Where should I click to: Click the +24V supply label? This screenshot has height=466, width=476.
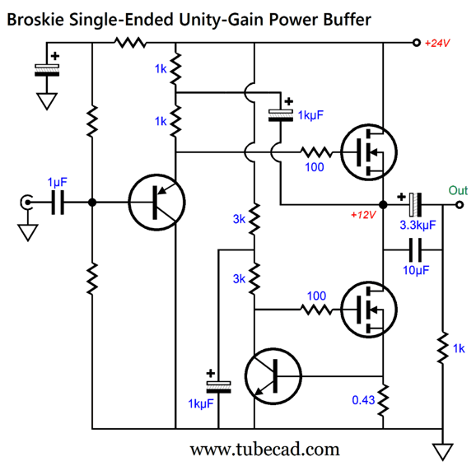point(437,43)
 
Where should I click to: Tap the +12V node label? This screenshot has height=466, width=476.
point(363,215)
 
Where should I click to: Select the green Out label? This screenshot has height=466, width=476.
point(458,191)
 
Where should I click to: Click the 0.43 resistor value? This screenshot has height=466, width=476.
point(363,400)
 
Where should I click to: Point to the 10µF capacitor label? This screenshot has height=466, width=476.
point(416,270)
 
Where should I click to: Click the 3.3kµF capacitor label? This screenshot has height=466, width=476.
point(418,225)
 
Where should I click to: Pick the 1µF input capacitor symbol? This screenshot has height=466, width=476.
point(58,203)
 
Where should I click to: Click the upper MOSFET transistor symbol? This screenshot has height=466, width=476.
point(369,152)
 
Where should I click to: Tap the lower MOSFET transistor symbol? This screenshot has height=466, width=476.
point(369,310)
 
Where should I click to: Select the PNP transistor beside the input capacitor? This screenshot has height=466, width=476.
point(156,203)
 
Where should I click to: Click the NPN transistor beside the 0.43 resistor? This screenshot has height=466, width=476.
point(273,376)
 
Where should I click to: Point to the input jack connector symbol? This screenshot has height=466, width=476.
point(26,203)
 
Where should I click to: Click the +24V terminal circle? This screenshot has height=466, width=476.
point(417,43)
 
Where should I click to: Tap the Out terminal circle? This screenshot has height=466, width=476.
point(460,205)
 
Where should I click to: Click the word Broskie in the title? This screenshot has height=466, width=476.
point(35,20)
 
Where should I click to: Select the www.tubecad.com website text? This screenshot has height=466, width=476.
point(264,450)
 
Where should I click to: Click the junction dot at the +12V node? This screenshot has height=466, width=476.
point(383,205)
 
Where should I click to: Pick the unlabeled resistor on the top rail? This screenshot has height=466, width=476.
point(130,43)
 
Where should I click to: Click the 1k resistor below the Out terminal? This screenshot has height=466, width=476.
point(442,348)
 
